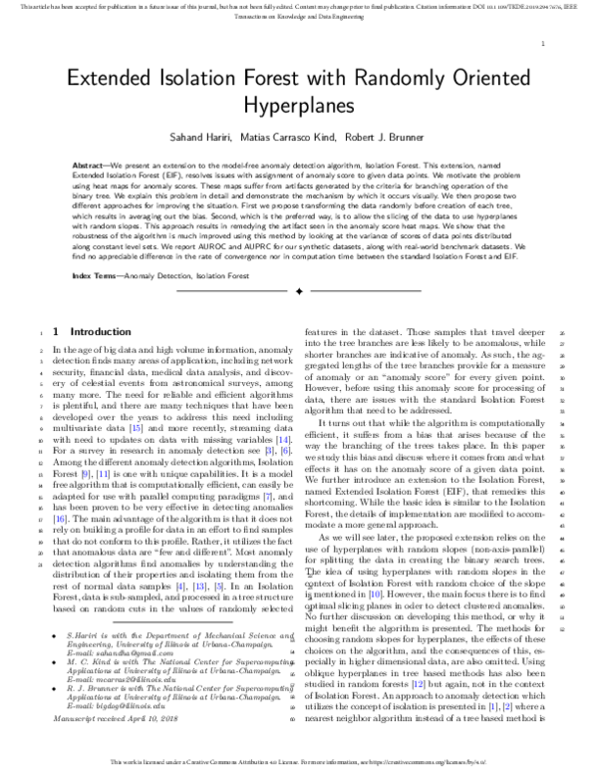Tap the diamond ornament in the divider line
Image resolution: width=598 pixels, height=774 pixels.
pyautogui.click(x=298, y=291)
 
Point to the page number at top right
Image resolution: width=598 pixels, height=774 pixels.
pyautogui.click(x=541, y=45)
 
